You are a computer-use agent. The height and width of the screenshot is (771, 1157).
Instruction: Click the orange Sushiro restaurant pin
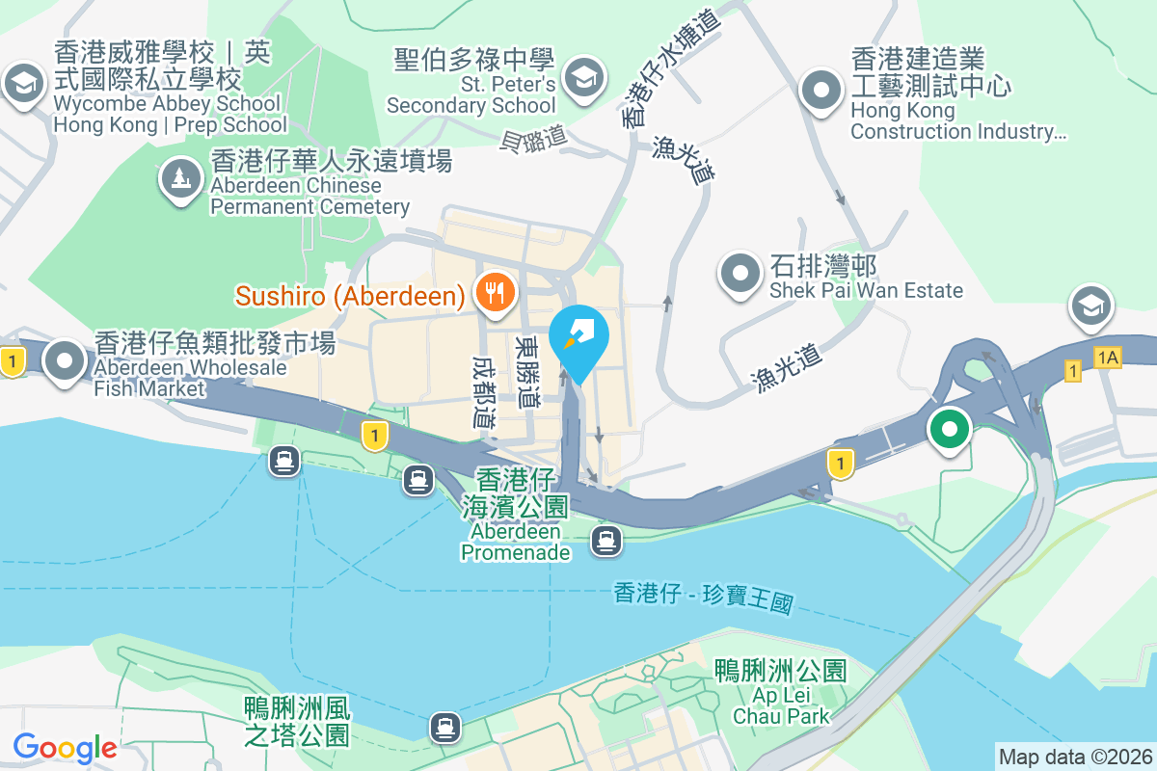click(x=496, y=292)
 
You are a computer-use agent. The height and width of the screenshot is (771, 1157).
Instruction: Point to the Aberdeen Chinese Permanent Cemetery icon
click(x=180, y=178)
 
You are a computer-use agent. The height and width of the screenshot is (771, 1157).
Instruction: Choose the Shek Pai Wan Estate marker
click(x=740, y=274)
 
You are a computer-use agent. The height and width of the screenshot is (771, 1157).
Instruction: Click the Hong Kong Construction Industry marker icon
click(x=821, y=90)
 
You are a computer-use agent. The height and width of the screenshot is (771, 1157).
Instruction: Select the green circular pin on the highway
click(x=950, y=429)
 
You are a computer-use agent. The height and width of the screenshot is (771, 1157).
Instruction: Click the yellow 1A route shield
click(x=1108, y=358)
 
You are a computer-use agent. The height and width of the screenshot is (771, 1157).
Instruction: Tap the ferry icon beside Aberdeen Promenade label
click(x=605, y=541)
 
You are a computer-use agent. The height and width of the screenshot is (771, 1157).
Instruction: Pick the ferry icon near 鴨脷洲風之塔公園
click(x=444, y=725)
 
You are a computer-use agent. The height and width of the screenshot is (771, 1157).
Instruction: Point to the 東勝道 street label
click(x=527, y=371)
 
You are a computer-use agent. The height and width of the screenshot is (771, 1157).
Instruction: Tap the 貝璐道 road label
click(x=533, y=141)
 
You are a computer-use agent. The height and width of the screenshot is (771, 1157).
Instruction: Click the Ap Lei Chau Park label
click(x=780, y=692)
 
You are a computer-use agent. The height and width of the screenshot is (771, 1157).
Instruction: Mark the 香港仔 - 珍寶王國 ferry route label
click(x=703, y=598)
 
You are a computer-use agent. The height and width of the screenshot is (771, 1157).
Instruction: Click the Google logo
click(x=65, y=747)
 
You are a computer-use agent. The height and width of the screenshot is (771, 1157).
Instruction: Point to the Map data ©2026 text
click(x=1075, y=757)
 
